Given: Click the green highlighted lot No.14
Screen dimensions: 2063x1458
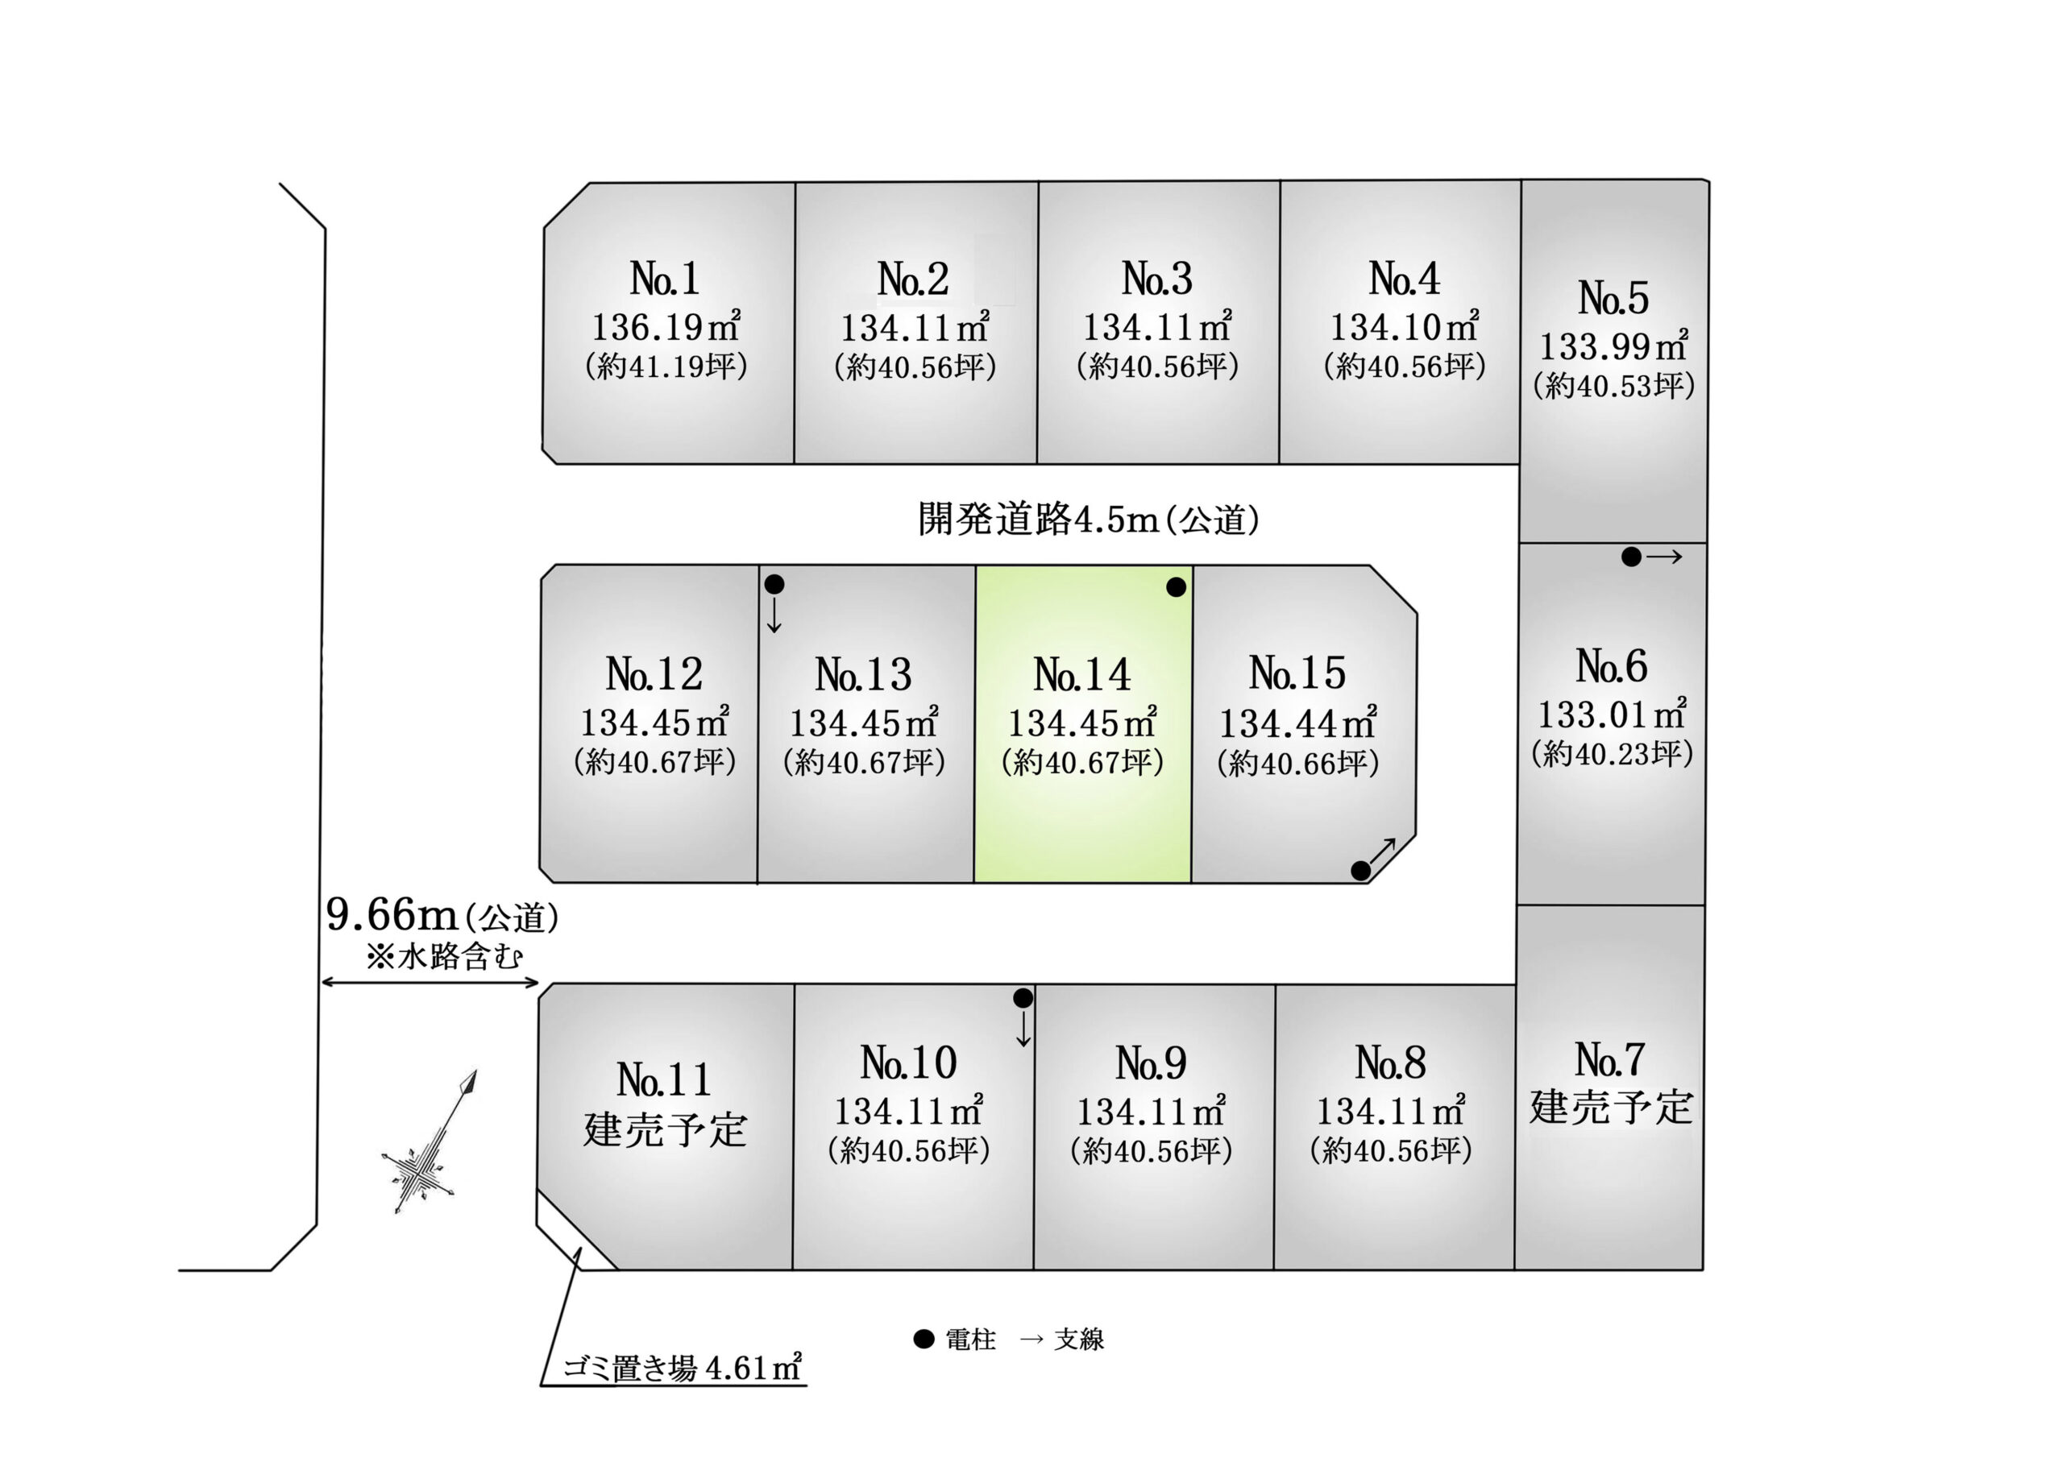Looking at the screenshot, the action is click(x=1083, y=724).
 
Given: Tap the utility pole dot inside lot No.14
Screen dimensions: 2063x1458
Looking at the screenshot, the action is click(x=1177, y=587).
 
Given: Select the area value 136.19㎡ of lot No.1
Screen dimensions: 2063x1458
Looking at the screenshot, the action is click(x=666, y=326).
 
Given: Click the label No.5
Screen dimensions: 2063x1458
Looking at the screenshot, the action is click(x=1614, y=297).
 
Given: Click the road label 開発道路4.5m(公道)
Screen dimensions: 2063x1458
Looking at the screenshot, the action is click(x=1088, y=520).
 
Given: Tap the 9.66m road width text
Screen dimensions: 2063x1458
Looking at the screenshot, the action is click(x=392, y=914).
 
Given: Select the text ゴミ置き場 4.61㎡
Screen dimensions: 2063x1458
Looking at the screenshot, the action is click(x=682, y=1367).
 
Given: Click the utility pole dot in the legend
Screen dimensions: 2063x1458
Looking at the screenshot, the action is click(x=924, y=1340).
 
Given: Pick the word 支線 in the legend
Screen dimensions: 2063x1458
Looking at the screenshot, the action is click(x=1079, y=1340).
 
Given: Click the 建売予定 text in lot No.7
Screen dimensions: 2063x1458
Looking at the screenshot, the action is click(x=1611, y=1107).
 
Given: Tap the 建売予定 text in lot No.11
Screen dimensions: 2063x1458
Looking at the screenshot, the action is click(x=665, y=1129).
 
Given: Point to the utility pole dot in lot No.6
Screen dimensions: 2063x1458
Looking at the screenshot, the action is click(x=1632, y=557).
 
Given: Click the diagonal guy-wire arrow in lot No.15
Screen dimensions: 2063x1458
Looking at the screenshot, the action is click(x=1383, y=851).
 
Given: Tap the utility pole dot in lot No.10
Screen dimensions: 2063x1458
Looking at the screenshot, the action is click(x=1023, y=998).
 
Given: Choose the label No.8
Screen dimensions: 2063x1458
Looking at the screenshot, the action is click(x=1391, y=1062).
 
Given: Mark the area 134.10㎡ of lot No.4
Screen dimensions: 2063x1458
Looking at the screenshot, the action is click(x=1405, y=326).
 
